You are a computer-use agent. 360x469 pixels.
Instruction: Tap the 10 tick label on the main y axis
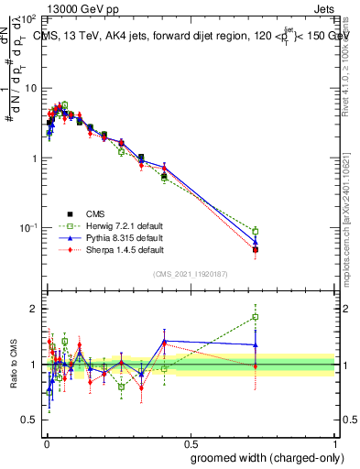[x=30, y=88]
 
